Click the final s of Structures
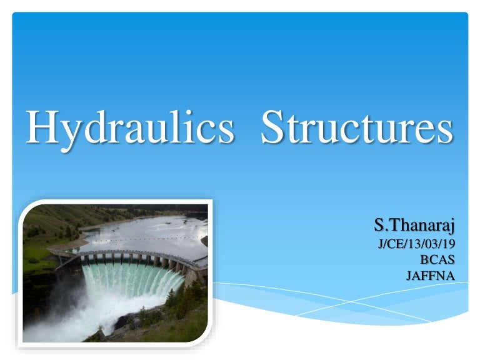tap(442, 131)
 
